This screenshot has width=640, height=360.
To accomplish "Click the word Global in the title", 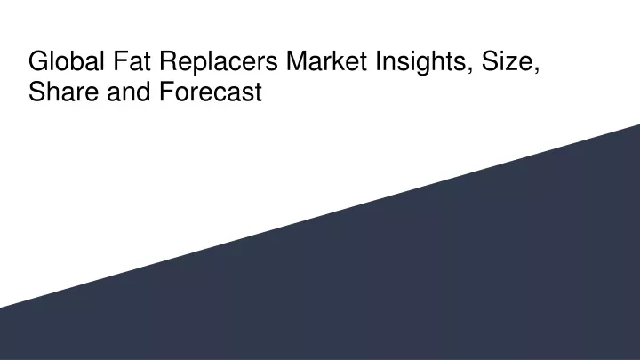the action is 67,61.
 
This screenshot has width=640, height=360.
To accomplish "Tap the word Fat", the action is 132,61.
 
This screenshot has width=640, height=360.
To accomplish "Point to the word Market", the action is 326,61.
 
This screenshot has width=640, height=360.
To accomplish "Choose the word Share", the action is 63,92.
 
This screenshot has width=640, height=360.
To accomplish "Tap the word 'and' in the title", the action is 129,92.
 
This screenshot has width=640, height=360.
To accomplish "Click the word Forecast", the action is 211,92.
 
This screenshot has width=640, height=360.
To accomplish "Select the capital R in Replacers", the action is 168,61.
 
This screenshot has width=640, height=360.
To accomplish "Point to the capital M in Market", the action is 297,61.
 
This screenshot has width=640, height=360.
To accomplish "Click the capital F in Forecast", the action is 166,92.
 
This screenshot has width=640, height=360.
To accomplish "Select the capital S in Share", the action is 36,92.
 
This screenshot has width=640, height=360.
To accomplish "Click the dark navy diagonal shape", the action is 408,277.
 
